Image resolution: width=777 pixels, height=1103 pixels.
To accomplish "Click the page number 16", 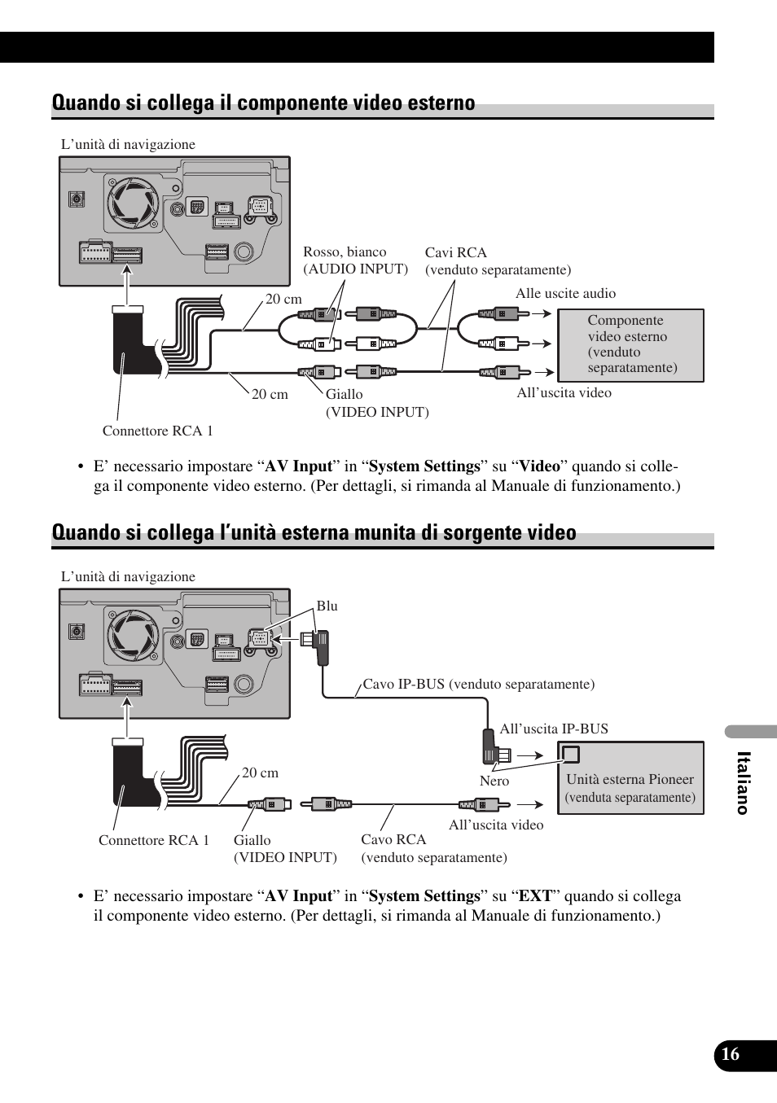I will point(731,1054).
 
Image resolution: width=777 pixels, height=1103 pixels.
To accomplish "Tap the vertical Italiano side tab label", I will point(742,783).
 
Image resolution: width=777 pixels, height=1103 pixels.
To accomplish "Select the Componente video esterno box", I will point(630,345).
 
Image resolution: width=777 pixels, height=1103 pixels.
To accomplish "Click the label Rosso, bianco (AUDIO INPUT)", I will point(355,260).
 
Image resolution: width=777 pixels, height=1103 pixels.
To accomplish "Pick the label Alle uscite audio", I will point(565,293).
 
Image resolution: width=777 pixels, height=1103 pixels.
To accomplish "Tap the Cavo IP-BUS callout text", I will point(478,684).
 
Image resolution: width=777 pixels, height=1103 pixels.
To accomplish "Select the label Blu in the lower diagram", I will point(327,606).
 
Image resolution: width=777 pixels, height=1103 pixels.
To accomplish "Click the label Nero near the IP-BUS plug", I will point(494,781).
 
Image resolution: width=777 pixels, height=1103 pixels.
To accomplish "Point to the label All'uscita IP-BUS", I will point(554,729).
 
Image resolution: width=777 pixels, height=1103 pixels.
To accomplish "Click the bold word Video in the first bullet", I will point(540,466).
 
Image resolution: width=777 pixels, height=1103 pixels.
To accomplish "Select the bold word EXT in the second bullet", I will point(535,896).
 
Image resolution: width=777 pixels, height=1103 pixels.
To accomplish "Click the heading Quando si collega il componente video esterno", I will point(263,103).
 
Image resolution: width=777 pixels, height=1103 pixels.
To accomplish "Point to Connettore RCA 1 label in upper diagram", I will point(157,431).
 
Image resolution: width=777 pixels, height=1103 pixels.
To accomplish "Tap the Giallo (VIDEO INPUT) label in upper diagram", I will point(377,403).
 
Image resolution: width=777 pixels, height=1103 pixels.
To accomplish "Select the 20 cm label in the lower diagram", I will point(260,773).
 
